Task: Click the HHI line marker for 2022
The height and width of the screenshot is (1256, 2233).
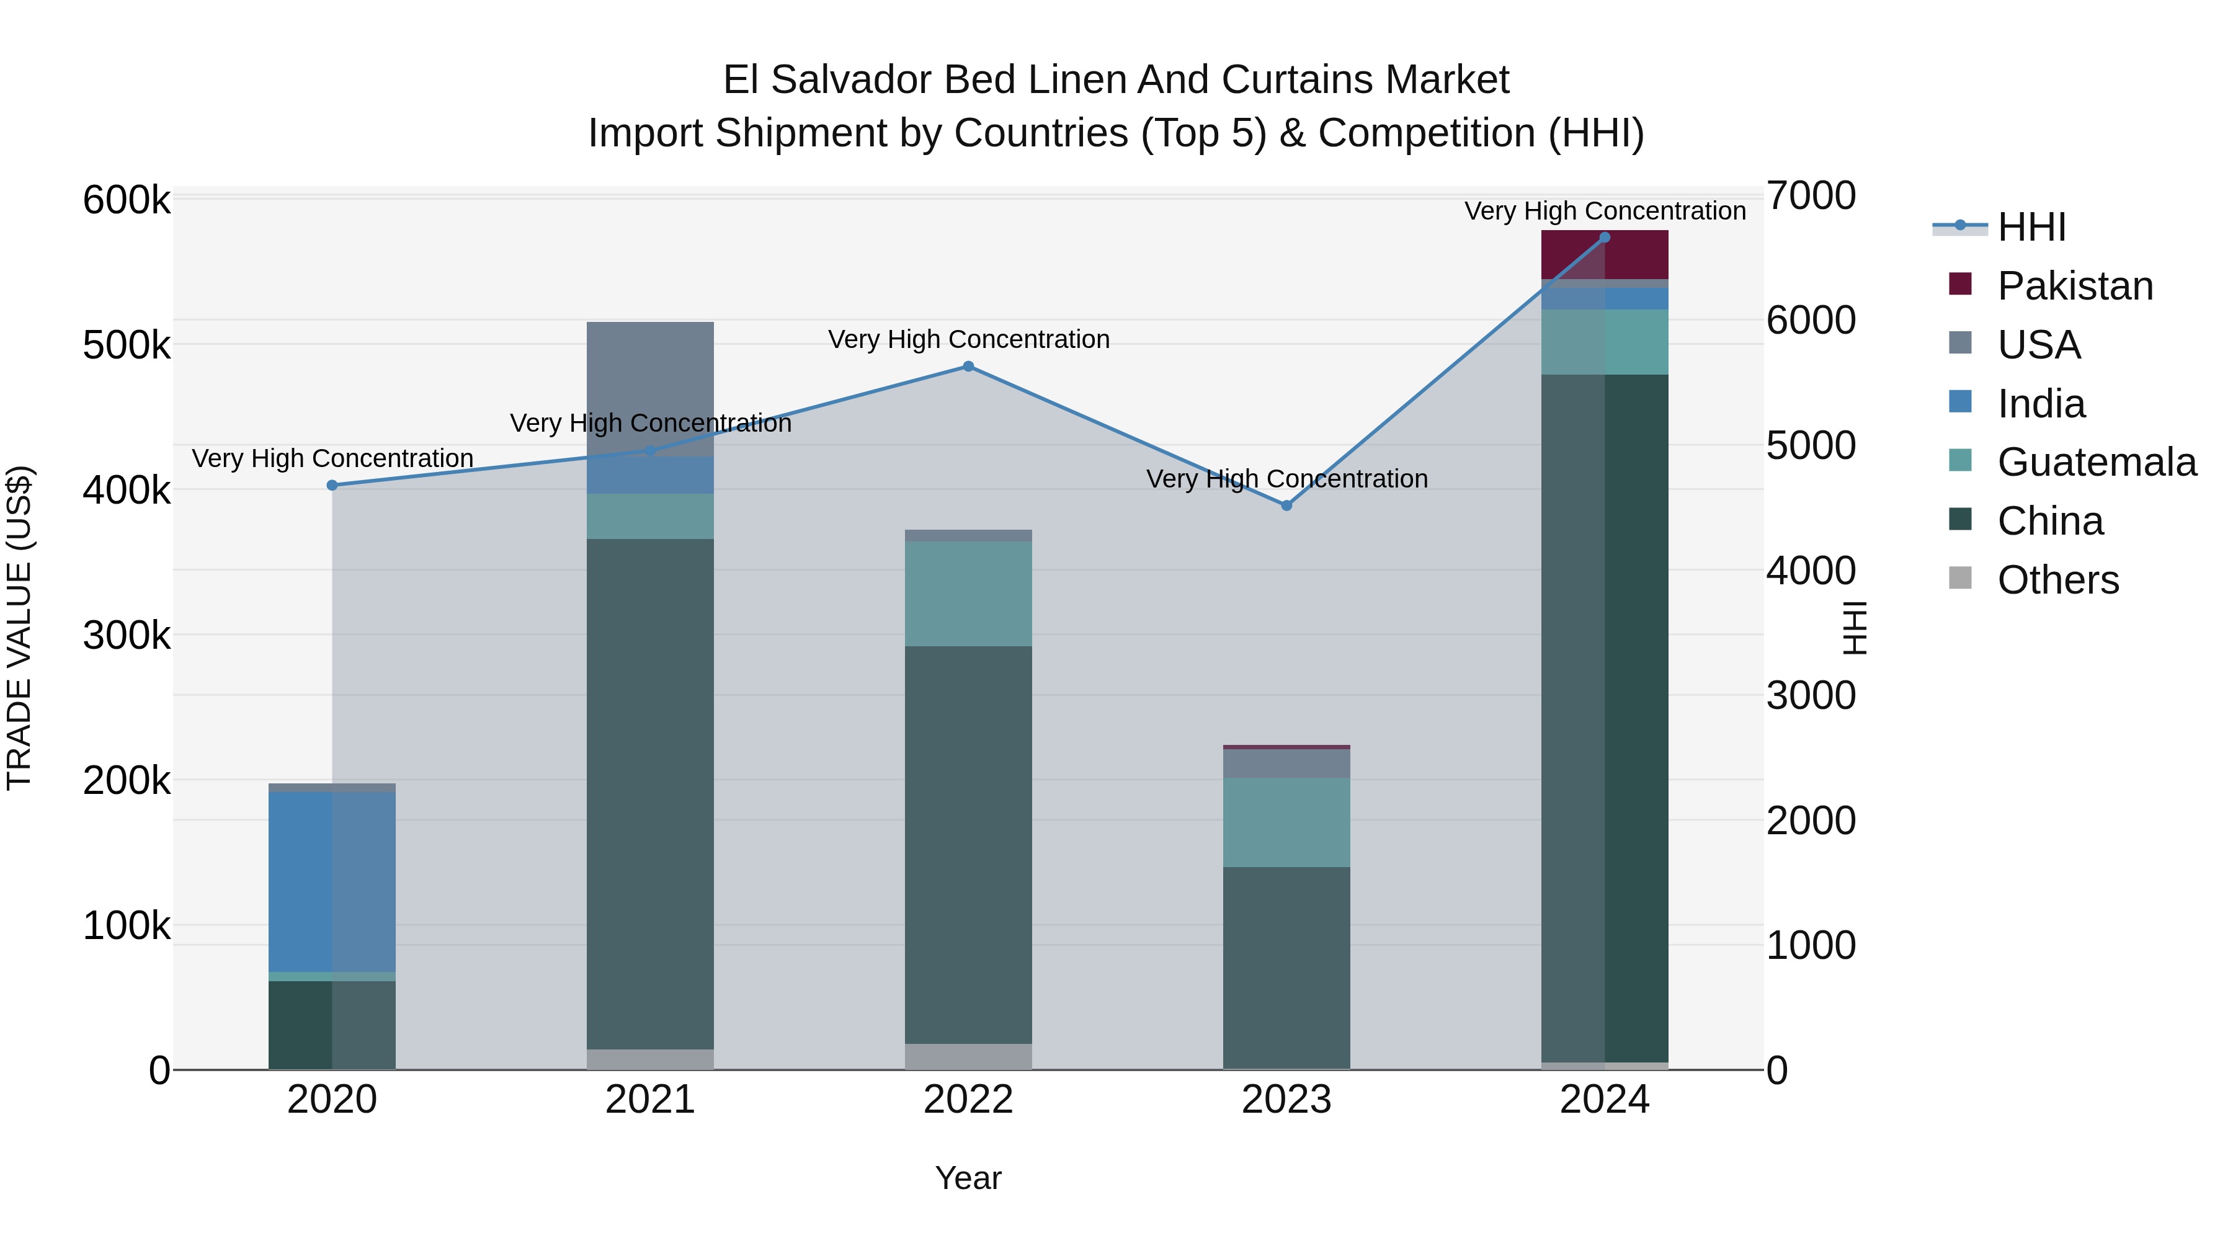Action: [x=968, y=367]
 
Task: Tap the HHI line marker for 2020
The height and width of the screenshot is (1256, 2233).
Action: [x=332, y=486]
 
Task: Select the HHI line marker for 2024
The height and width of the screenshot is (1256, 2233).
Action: [x=1605, y=238]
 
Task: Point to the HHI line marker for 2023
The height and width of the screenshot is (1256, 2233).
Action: [x=1286, y=506]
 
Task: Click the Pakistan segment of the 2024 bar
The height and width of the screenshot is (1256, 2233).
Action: [x=1605, y=256]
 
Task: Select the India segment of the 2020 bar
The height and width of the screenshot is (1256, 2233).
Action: [x=332, y=881]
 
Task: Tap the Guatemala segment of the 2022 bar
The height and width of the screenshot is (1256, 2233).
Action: [x=968, y=594]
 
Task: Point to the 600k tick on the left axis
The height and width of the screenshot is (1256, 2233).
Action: [x=127, y=200]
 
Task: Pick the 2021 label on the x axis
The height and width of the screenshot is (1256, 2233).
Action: [x=650, y=1100]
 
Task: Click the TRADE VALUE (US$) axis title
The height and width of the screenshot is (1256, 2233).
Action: [x=20, y=628]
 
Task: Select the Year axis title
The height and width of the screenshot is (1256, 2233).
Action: [x=968, y=1178]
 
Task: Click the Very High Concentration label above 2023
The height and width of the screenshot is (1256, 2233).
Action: [x=1286, y=478]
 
